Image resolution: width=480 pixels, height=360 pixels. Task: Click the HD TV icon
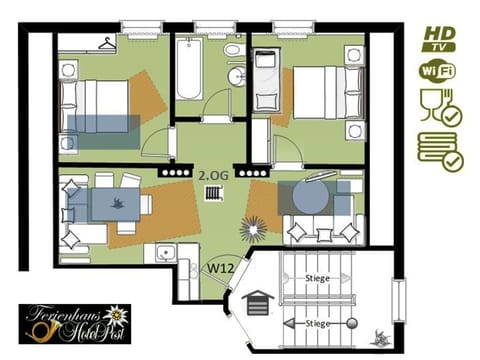(438, 38)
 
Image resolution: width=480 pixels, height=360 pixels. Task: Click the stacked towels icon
(439, 150)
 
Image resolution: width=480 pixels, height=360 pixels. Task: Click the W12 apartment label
(221, 269)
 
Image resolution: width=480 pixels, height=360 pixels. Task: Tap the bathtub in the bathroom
(190, 69)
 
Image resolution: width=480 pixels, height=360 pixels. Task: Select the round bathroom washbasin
(235, 78)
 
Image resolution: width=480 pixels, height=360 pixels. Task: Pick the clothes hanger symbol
(107, 43)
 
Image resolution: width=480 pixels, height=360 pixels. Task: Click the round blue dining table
(315, 194)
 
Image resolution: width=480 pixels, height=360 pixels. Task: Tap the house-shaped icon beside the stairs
(258, 300)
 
